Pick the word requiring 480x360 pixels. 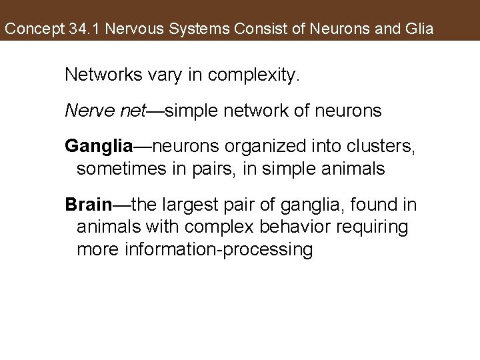[x=376, y=227]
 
